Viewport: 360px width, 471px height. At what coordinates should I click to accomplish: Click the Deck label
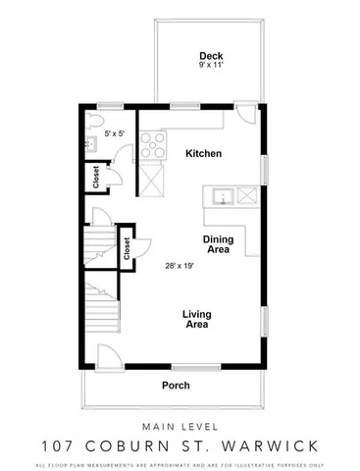click(x=209, y=55)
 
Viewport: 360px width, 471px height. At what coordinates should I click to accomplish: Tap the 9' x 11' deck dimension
click(x=209, y=66)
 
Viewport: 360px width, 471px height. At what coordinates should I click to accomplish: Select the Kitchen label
click(x=203, y=154)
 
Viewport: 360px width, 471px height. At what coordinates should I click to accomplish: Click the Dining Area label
click(x=217, y=244)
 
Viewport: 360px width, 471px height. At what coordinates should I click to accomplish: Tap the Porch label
click(x=176, y=385)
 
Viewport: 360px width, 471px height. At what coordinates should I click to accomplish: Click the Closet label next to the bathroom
click(x=96, y=179)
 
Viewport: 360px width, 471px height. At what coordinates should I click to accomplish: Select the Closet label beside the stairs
click(x=128, y=247)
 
